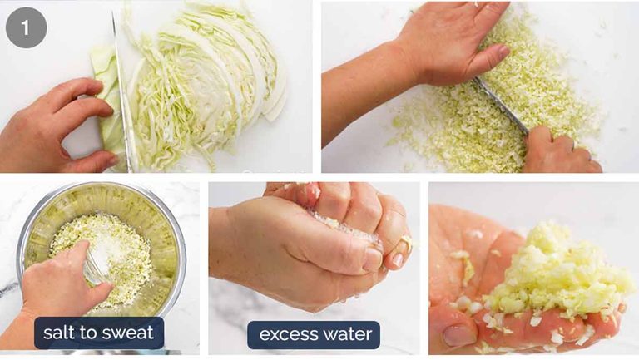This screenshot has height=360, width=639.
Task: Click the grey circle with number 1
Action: (26, 27)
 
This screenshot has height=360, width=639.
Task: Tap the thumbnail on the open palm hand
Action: (458, 335)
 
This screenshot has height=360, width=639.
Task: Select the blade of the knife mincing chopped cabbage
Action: (501, 105)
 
